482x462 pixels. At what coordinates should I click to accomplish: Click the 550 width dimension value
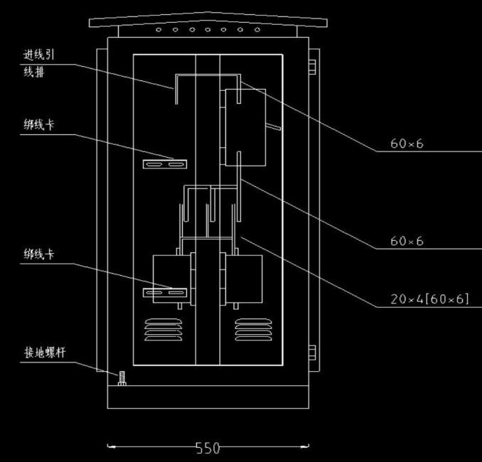208,448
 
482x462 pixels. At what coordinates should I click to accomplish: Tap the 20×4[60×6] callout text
429,299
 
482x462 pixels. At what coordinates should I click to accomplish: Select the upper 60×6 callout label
407,144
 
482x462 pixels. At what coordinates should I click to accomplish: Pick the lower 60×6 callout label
407,241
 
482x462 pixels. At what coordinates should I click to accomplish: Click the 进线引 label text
38,55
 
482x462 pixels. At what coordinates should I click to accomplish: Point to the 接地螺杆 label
45,353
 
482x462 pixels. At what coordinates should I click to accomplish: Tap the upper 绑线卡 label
38,125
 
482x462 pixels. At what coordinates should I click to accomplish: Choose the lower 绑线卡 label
38,254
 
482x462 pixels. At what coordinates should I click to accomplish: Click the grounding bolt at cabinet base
122,378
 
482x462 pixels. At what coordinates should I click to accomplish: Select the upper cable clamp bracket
165,164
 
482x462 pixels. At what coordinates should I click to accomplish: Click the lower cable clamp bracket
165,293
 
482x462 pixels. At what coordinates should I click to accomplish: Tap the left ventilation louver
164,330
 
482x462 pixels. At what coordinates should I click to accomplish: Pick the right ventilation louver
253,330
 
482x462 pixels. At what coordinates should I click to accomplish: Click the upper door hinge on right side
312,67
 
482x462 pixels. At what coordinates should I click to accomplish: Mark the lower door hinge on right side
312,353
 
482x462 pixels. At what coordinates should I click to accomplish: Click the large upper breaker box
245,127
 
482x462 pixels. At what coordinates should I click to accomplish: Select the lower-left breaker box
172,279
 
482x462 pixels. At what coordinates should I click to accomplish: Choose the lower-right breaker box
244,279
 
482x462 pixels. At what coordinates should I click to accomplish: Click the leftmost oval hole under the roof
159,30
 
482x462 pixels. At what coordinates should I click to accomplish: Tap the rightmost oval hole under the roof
257,30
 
